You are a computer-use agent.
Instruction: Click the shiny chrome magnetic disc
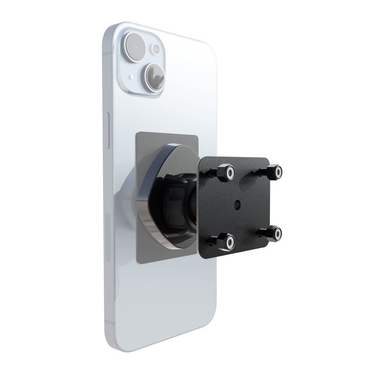pyautogui.click(x=158, y=202)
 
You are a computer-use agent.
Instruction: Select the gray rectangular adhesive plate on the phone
pyautogui.click(x=144, y=144)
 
